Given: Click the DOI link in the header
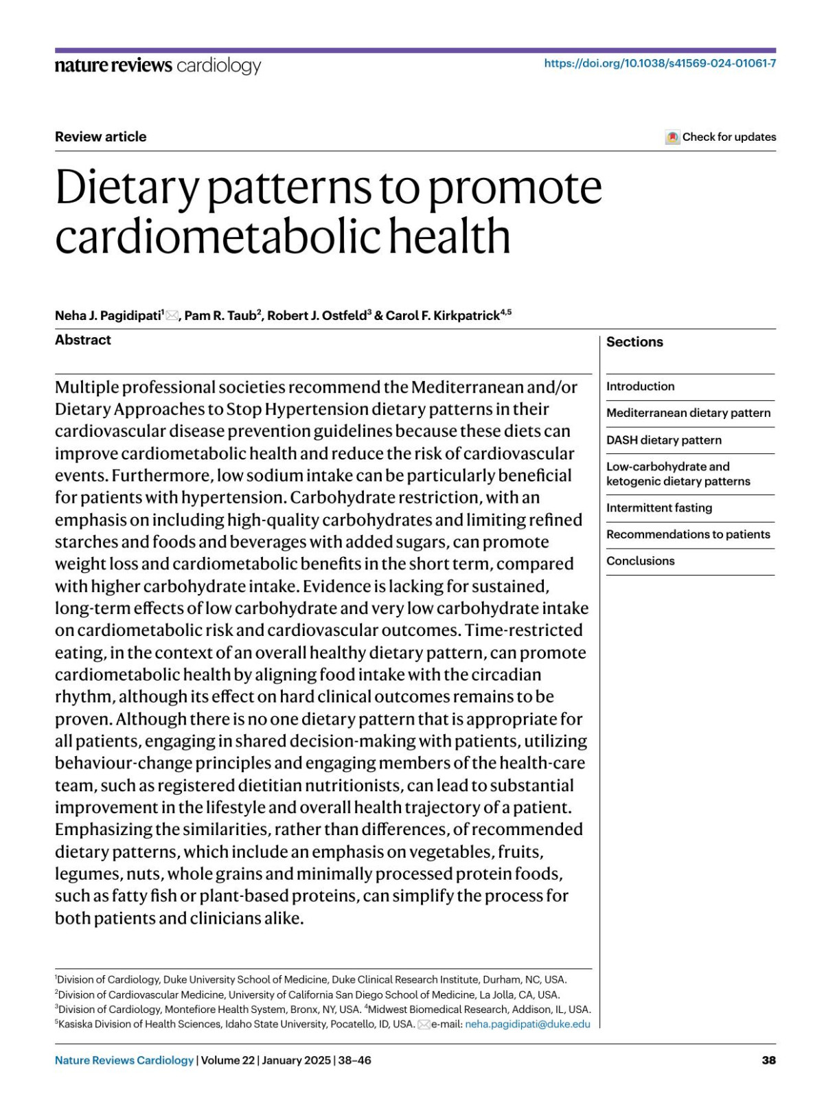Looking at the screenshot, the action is pyautogui.click(x=660, y=63).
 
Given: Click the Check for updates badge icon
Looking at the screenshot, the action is pyautogui.click(x=672, y=137).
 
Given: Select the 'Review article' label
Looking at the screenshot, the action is pyautogui.click(x=100, y=137).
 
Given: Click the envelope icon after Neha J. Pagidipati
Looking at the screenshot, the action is pyautogui.click(x=172, y=316).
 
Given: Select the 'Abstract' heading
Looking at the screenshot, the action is pyautogui.click(x=82, y=340).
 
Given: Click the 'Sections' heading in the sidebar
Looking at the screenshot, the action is pyautogui.click(x=634, y=342).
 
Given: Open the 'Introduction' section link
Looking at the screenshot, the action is pyautogui.click(x=640, y=387).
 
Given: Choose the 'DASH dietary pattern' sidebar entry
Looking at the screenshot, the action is pyautogui.click(x=663, y=440).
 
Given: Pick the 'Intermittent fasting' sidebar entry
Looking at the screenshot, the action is pyautogui.click(x=659, y=508).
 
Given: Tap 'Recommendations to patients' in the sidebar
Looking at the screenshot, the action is pyautogui.click(x=687, y=534).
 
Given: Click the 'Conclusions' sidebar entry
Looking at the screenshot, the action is pyautogui.click(x=640, y=561).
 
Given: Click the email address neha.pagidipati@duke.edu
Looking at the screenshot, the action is pyautogui.click(x=527, y=1024).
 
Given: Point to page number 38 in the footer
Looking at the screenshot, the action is pyautogui.click(x=768, y=1060).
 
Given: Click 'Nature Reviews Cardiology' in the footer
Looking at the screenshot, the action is pyautogui.click(x=124, y=1060).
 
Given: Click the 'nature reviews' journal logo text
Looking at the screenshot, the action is pyautogui.click(x=113, y=66).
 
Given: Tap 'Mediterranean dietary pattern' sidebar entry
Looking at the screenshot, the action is pyautogui.click(x=688, y=413).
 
